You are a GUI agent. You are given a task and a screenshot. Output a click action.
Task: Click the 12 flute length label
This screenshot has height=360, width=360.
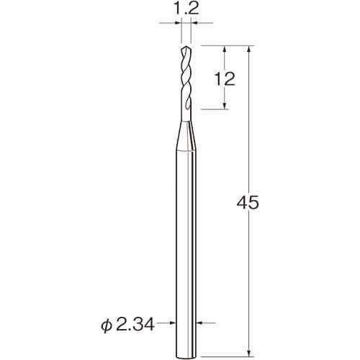click(x=225, y=78)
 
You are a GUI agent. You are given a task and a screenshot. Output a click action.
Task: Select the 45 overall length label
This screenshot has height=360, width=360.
click(x=248, y=202)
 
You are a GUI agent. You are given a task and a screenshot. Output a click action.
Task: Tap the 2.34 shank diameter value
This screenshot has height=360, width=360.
click(x=135, y=325)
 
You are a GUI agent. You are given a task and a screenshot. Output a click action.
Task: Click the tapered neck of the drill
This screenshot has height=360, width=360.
click(x=186, y=135)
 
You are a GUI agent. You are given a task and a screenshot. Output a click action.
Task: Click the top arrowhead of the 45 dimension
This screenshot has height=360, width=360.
click(x=249, y=49)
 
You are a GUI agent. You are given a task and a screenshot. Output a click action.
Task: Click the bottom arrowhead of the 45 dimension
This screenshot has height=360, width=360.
click(x=249, y=353)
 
